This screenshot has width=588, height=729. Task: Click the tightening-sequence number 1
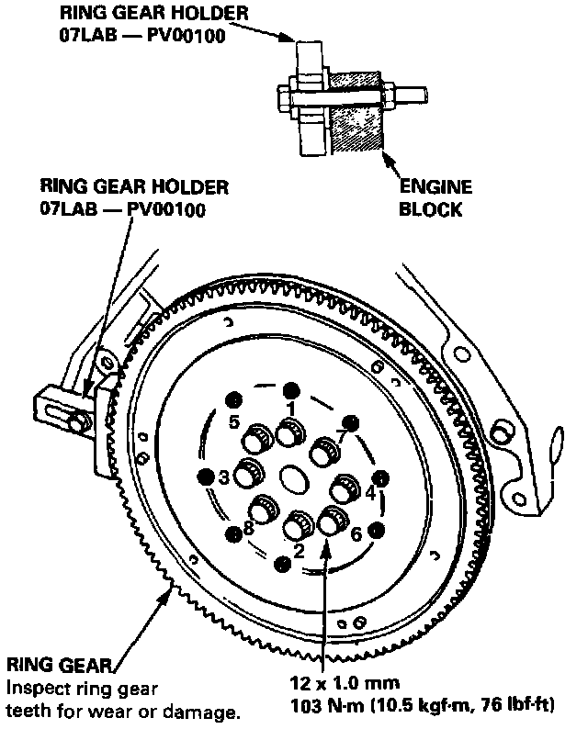tap(290, 407)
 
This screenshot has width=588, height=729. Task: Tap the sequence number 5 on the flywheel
tap(234, 423)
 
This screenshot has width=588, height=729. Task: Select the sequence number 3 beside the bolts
tap(223, 477)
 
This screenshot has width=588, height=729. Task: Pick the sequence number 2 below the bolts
tap(298, 551)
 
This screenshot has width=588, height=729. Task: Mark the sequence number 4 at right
tap(370, 493)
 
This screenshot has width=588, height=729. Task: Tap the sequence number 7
tap(342, 434)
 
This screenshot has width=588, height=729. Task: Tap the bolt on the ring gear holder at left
tap(80, 421)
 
